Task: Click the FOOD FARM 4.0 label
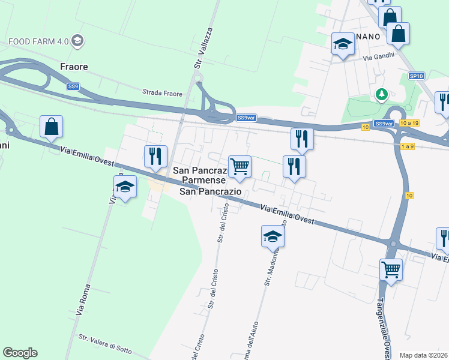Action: click(38, 41)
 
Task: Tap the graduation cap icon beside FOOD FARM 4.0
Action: click(77, 41)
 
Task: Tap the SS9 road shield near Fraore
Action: click(73, 86)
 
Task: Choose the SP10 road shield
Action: click(416, 76)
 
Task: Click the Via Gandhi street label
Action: click(379, 56)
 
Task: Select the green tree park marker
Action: click(381, 94)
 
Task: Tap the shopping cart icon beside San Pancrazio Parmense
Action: click(240, 166)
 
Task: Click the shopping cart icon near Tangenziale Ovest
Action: click(391, 269)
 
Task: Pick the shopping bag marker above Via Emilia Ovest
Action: click(52, 127)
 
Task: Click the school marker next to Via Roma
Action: click(125, 187)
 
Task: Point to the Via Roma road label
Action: click(83, 300)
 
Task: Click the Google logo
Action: click(20, 353)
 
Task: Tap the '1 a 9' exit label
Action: click(406, 146)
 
